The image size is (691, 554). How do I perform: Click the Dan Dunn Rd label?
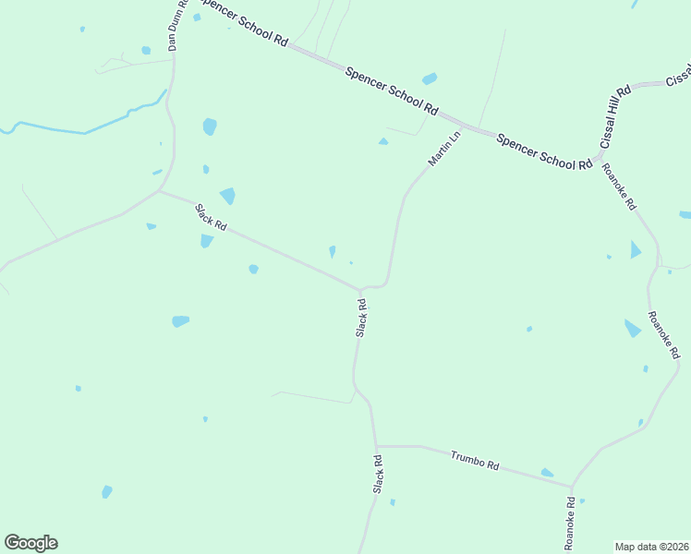coord(177,25)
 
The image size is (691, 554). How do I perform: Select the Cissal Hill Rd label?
coord(615,116)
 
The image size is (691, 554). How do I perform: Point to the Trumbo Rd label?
coord(475,460)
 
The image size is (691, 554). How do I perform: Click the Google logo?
coord(30,543)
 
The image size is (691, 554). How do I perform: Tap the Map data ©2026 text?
coord(651,547)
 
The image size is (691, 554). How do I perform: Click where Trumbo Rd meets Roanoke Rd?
coord(572,487)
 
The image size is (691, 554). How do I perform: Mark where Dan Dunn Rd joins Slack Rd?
coord(161,191)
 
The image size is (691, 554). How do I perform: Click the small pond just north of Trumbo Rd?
coord(547,473)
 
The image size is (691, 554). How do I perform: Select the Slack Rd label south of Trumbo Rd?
coord(378,474)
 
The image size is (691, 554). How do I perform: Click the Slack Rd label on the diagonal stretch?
coord(211,218)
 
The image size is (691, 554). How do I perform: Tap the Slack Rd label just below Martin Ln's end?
coord(361,317)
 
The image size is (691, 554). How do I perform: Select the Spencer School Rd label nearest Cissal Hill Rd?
coord(543,151)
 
